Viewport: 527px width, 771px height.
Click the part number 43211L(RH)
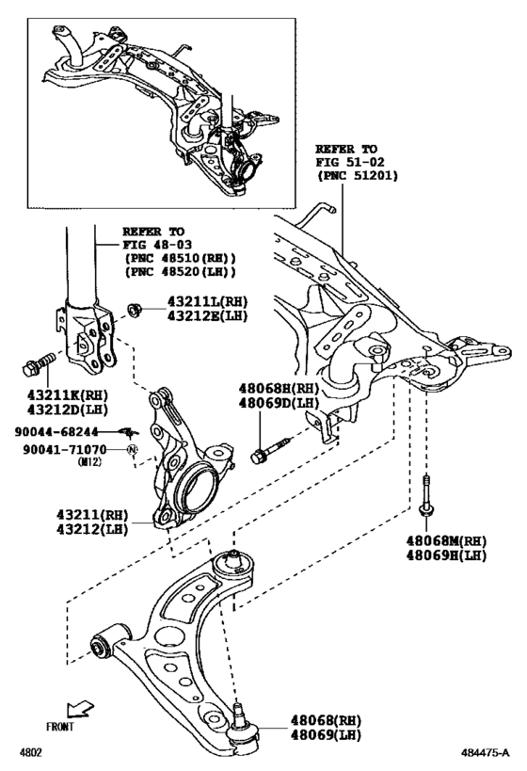click(207, 300)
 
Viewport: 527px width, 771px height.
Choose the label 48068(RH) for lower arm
click(319, 719)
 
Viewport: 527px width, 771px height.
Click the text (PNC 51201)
click(357, 175)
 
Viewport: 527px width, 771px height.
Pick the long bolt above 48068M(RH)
click(427, 495)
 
